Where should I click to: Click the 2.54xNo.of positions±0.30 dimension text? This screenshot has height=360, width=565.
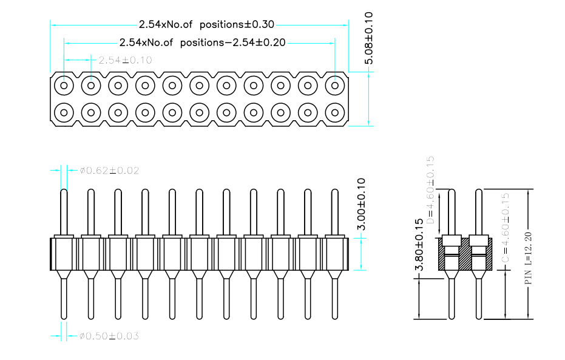206,25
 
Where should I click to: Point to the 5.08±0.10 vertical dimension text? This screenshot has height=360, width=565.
370,38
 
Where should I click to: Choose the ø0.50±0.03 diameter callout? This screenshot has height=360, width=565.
109,336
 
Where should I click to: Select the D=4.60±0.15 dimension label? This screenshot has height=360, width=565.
431,189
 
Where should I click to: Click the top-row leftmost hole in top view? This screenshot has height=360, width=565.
64,86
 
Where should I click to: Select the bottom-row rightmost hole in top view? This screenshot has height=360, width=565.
334,112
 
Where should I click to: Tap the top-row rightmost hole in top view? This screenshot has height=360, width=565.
334,86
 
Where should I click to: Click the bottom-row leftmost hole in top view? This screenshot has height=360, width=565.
64,112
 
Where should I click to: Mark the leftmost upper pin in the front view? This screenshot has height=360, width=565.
64,212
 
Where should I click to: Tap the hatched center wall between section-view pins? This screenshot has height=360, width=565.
465,255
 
